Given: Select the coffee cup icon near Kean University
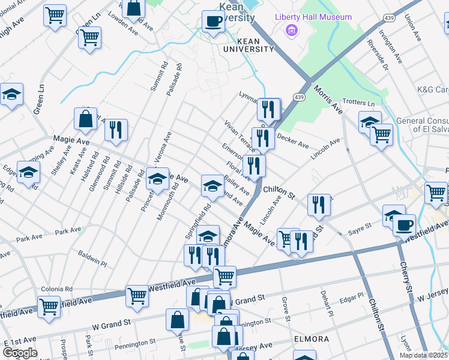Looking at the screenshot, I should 213,22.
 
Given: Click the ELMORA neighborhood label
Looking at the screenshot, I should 312,339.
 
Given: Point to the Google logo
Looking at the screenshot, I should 19,353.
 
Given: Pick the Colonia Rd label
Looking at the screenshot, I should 56,289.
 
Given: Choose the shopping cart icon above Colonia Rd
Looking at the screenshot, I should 137,296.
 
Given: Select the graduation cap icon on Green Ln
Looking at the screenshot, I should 11,94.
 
